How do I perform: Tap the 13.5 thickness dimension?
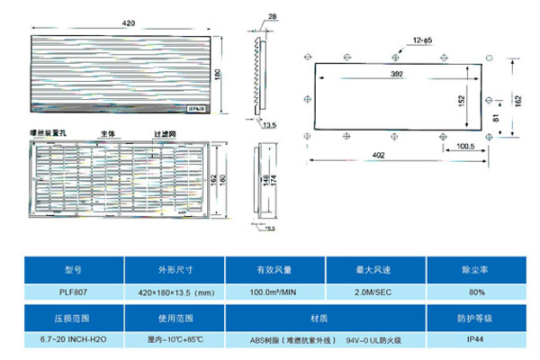(269, 125)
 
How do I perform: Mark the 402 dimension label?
(379, 156)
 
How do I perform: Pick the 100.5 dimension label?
(464, 145)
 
